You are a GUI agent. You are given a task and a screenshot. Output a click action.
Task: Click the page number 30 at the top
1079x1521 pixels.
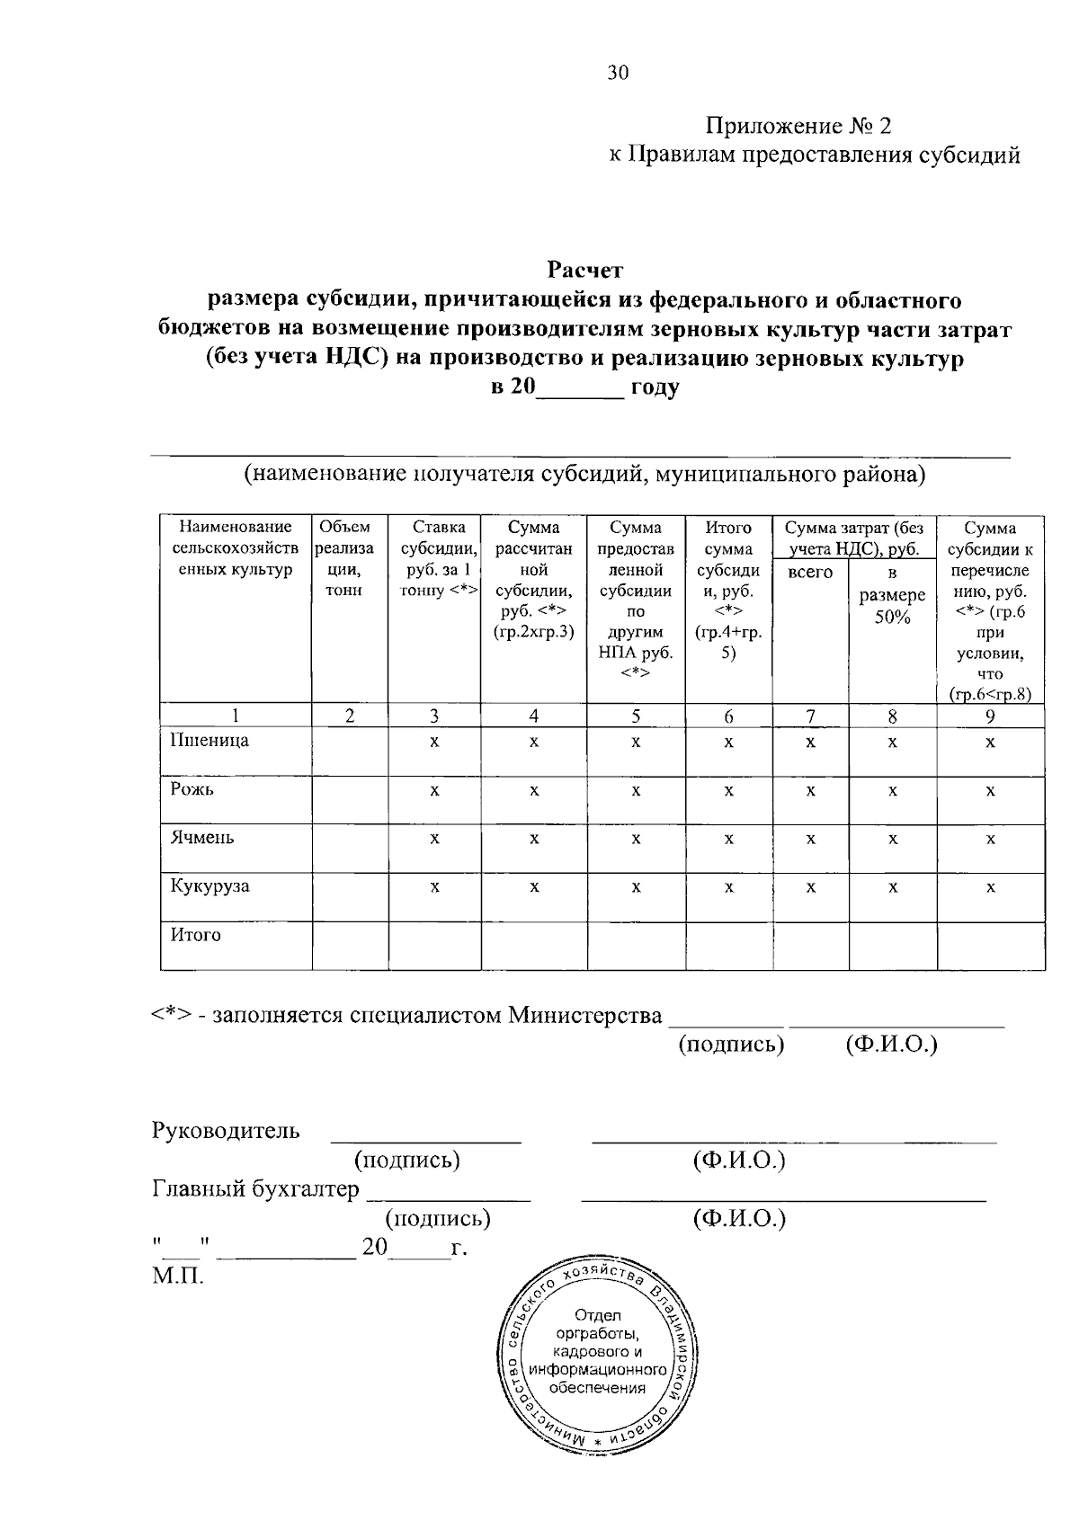click(618, 74)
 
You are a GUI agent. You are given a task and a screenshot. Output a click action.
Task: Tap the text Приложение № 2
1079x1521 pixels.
click(798, 125)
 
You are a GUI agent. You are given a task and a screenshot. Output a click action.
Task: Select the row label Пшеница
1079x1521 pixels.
click(210, 741)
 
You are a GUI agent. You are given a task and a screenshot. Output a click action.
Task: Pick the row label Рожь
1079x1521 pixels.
click(192, 789)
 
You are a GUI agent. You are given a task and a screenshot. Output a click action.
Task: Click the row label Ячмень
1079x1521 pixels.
click(202, 837)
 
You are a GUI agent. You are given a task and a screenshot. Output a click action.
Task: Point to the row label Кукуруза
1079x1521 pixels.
click(210, 885)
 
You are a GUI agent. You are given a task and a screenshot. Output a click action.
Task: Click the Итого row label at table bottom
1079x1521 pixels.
click(195, 935)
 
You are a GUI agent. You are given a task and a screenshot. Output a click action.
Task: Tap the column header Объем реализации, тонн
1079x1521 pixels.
click(350, 559)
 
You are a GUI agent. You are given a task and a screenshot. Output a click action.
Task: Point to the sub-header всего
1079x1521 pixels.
click(810, 573)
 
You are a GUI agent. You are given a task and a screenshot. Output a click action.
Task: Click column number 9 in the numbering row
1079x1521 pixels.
click(990, 716)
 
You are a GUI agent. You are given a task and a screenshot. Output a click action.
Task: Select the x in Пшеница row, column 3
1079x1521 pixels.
click(434, 743)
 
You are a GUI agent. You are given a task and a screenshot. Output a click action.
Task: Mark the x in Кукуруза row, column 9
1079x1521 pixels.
click(990, 887)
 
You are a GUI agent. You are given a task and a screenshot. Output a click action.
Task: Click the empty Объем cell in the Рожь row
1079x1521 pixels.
click(350, 799)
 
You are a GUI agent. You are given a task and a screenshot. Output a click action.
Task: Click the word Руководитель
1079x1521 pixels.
click(226, 1130)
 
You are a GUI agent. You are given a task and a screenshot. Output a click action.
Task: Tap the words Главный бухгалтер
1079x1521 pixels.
click(255, 1189)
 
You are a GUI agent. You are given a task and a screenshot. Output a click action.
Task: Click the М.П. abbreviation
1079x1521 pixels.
click(177, 1276)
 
